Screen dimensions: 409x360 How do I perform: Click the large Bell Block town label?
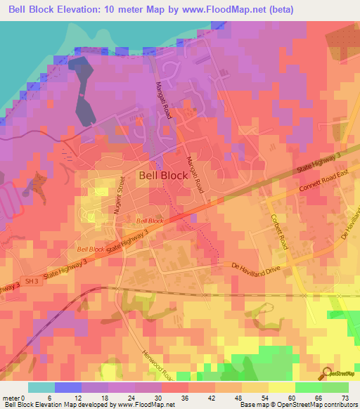point(163,176)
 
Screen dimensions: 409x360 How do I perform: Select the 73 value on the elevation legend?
point(345,398)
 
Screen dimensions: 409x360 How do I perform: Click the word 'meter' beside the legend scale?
point(12,398)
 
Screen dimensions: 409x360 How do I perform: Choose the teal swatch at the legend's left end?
point(41,387)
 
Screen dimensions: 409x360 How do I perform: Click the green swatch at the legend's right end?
point(335,387)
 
